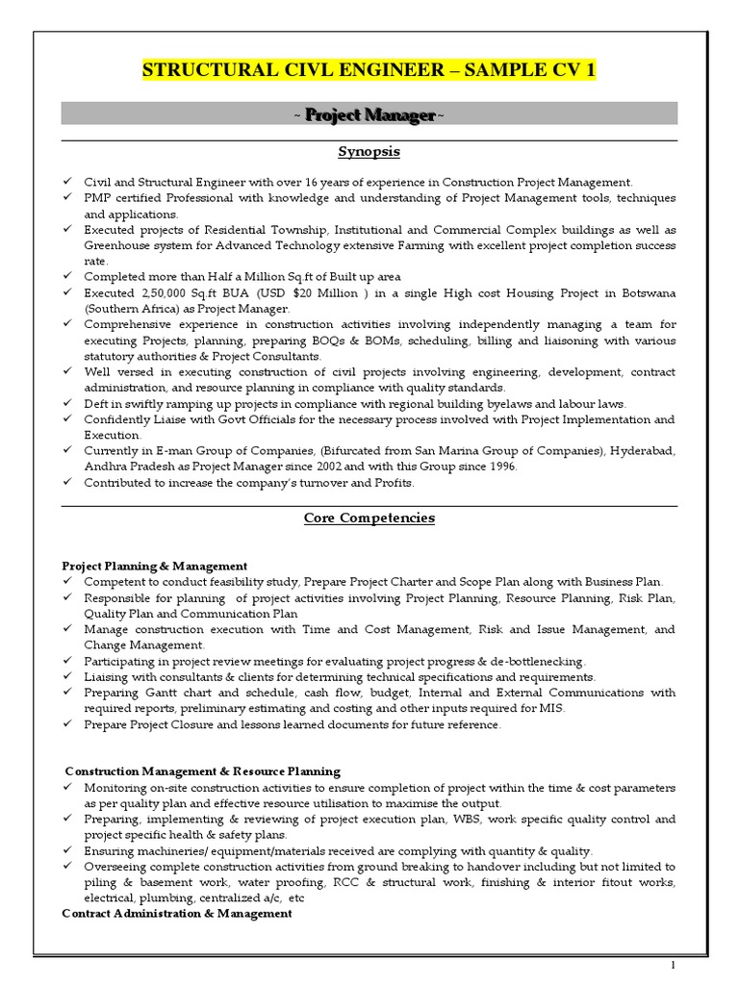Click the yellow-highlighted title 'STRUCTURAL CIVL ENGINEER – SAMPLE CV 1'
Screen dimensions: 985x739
point(369,70)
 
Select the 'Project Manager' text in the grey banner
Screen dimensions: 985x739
point(369,115)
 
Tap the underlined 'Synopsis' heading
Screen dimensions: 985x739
point(369,152)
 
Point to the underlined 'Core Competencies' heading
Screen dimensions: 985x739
point(369,518)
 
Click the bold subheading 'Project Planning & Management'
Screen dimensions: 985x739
point(154,567)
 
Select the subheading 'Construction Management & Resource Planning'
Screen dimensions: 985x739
point(202,771)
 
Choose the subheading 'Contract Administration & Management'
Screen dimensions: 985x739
point(176,914)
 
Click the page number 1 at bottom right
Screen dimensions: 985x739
point(674,965)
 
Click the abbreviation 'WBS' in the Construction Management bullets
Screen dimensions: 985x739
point(501,820)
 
